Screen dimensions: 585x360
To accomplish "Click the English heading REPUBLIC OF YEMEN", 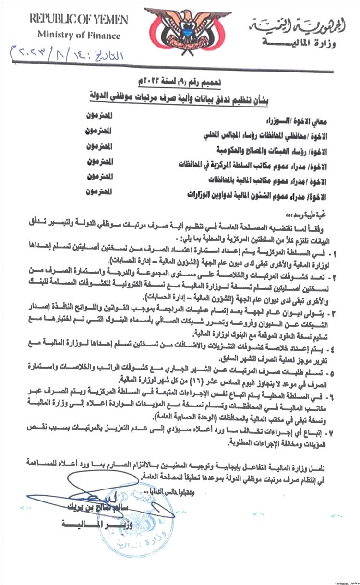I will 79,20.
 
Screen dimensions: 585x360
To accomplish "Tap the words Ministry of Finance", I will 79,36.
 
